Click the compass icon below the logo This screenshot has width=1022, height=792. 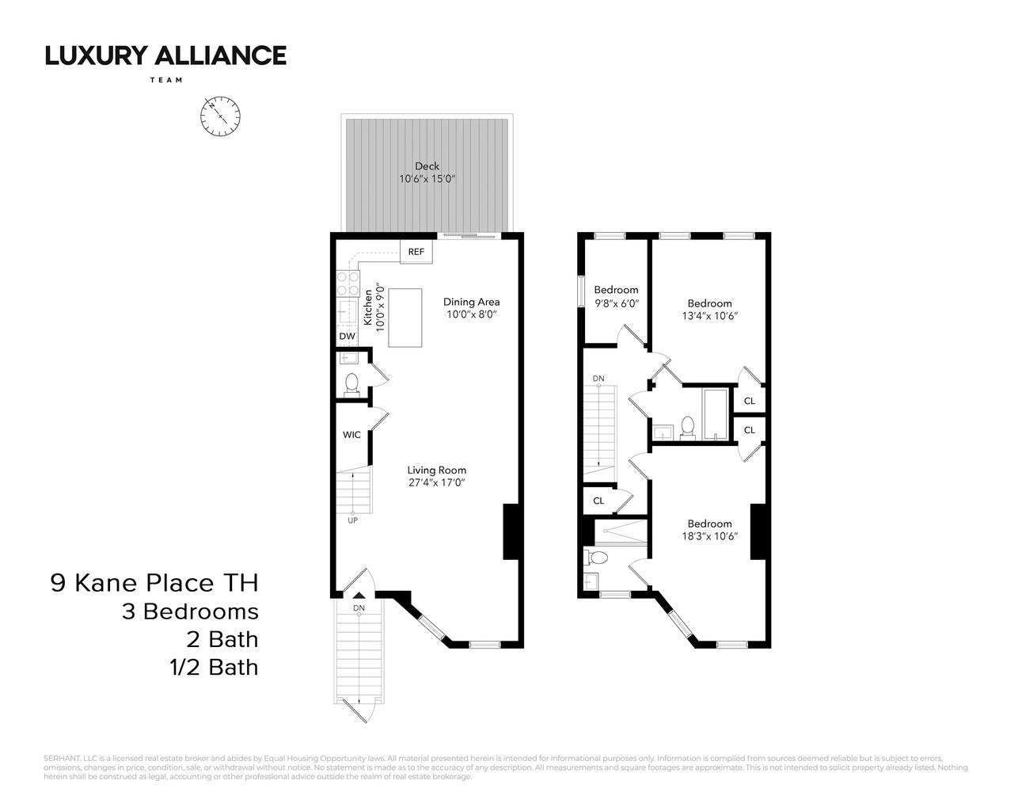(x=220, y=116)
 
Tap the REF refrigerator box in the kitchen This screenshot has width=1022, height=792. (x=416, y=252)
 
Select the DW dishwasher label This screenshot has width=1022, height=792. (x=347, y=337)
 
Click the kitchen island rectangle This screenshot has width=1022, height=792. (x=405, y=318)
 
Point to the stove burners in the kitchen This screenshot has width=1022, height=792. (x=348, y=284)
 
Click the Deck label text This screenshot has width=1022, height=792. (x=427, y=166)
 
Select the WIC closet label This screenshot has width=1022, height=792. (x=351, y=435)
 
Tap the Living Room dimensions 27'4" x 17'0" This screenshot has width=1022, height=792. (x=437, y=482)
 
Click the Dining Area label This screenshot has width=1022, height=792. (x=471, y=302)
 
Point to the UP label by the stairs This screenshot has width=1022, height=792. (x=352, y=520)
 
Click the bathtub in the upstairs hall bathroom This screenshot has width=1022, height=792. (x=716, y=413)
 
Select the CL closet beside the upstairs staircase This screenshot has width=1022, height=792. (x=598, y=501)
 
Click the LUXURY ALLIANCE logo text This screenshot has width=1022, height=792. (x=165, y=55)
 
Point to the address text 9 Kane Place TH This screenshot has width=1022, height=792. (x=154, y=584)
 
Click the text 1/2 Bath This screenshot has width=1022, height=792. (x=209, y=668)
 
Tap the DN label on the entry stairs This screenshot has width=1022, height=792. (x=359, y=608)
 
